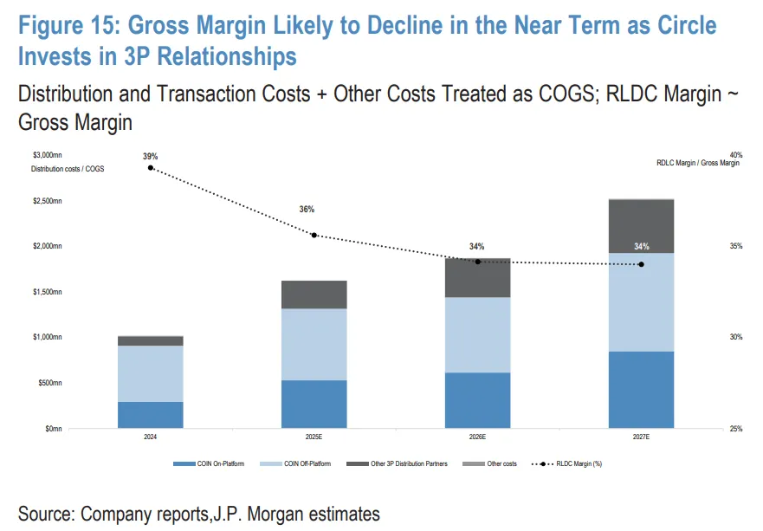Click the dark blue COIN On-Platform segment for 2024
click(150, 415)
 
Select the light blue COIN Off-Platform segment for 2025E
click(314, 345)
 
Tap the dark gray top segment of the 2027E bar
click(641, 226)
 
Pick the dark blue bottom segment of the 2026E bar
click(477, 400)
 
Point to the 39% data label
click(151, 156)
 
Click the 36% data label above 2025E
click(307, 210)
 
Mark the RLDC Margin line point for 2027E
click(641, 264)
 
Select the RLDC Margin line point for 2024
click(151, 167)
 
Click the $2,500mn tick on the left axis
click(47, 201)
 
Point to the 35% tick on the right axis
click(736, 247)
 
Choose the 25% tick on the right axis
click(736, 429)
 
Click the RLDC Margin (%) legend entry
click(571, 464)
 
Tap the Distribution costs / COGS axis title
click(68, 168)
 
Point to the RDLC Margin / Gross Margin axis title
click(698, 163)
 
